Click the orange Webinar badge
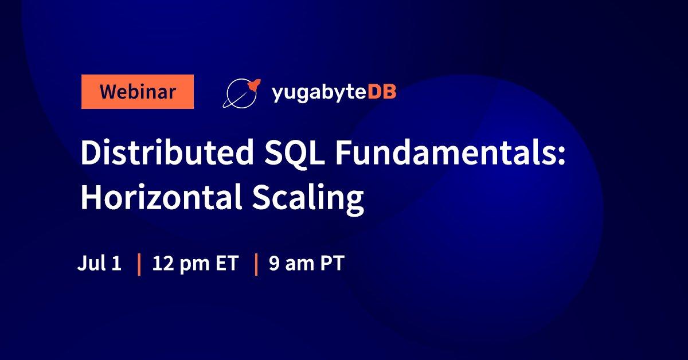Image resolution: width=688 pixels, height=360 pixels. coord(137,92)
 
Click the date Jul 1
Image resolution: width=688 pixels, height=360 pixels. coord(99,264)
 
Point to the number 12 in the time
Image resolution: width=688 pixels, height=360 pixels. coord(162,264)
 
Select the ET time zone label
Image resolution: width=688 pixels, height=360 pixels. coord(225,264)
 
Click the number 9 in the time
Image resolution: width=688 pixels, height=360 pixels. coord(274,264)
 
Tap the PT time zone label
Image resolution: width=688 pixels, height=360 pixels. coord(332,264)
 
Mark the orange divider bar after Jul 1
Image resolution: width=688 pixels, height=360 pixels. coord(139,264)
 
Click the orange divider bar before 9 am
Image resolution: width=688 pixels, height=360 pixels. coord(256,264)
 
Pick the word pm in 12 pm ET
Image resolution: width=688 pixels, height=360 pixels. coord(193,266)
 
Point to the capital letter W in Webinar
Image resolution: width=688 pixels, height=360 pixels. coord(108,92)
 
